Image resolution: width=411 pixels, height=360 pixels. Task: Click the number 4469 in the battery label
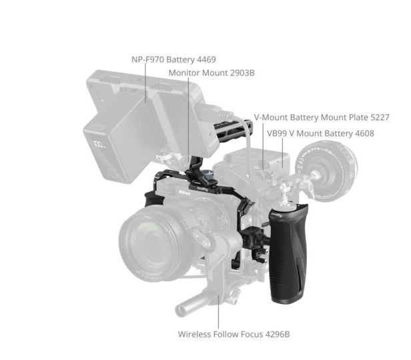pos(206,60)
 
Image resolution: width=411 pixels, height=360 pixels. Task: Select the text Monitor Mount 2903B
pos(212,73)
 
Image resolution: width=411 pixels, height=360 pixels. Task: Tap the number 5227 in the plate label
pos(380,117)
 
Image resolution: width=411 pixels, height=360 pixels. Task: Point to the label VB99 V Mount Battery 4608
pos(320,133)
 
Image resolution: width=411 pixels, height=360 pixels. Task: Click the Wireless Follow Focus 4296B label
pos(234,335)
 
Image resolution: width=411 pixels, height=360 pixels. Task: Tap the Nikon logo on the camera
pos(185,193)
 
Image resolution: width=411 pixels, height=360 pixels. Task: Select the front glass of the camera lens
pos(155,243)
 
